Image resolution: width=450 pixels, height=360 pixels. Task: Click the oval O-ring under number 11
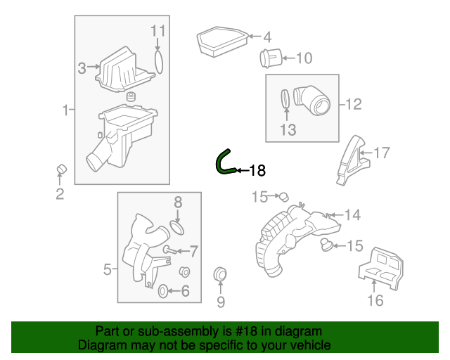pyautogui.click(x=159, y=61)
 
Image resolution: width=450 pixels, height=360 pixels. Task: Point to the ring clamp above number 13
pyautogui.click(x=285, y=101)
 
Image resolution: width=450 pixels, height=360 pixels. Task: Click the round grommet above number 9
pyautogui.click(x=219, y=274)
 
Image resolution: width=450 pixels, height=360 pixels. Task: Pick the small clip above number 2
pyautogui.click(x=60, y=169)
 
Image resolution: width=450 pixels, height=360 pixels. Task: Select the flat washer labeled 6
pyautogui.click(x=163, y=290)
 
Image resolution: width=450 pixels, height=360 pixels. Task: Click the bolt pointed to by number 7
pyautogui.click(x=168, y=250)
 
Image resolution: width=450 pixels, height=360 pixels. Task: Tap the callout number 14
pyautogui.click(x=352, y=214)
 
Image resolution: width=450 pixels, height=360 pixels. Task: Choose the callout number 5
pyautogui.click(x=108, y=269)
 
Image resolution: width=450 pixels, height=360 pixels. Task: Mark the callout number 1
pyautogui.click(x=65, y=110)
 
